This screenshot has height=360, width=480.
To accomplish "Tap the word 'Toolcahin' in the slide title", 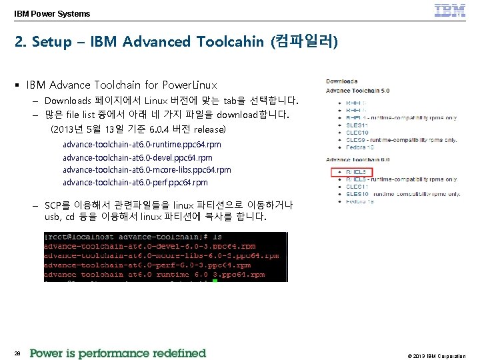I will (229, 42).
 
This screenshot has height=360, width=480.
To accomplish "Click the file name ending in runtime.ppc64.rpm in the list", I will (141, 145).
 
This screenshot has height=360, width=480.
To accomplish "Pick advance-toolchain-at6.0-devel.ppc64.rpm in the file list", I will (137, 158).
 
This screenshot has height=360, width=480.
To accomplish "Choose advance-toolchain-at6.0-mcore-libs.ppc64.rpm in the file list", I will (147, 170).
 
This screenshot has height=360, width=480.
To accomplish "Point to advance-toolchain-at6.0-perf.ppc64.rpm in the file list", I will (135, 183).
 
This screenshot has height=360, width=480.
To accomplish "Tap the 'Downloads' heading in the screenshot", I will (341, 81).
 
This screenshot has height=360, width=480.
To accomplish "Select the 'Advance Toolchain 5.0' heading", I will (357, 91).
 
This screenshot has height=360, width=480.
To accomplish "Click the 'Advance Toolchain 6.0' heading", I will (357, 160).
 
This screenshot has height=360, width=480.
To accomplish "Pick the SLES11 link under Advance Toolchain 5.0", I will (357, 125).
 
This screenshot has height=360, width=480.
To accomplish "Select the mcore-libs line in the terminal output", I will (161, 255).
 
